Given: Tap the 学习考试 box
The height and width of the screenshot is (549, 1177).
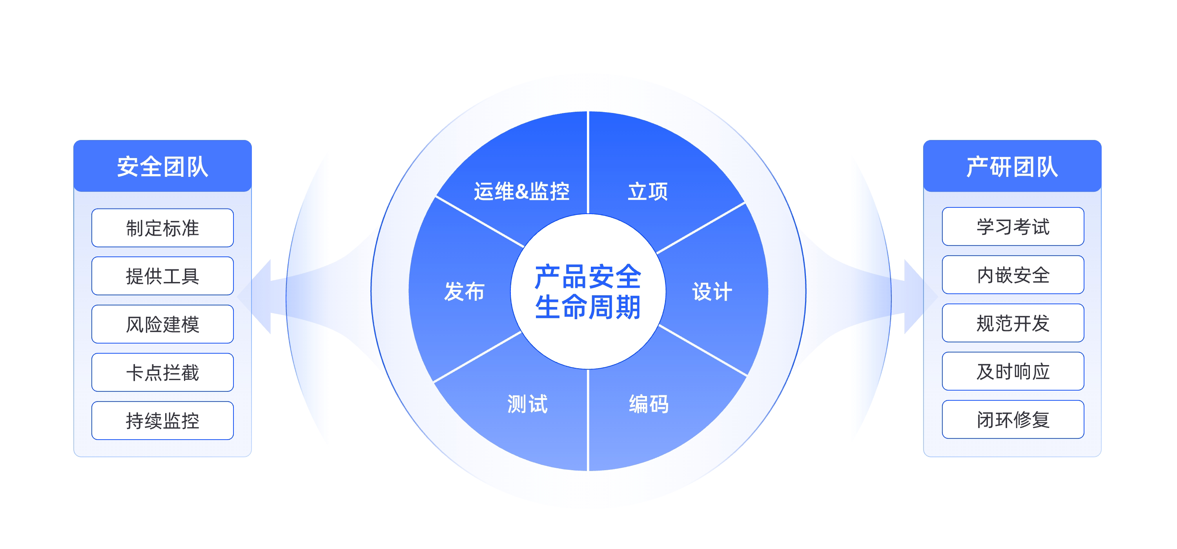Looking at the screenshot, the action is [x=1013, y=227].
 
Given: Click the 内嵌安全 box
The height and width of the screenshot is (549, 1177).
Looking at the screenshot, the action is [x=1013, y=275].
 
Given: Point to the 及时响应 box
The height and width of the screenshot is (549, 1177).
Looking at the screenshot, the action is [x=1013, y=371].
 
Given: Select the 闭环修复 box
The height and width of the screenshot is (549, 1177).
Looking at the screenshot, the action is [x=1013, y=420].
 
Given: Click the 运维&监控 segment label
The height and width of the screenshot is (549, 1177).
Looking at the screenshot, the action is [x=521, y=191].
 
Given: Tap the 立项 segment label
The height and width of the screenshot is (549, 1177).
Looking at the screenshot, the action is [x=647, y=191].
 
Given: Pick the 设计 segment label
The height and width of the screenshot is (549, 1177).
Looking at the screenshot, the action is [x=712, y=291].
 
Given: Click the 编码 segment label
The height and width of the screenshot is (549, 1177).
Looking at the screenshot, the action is [x=649, y=404].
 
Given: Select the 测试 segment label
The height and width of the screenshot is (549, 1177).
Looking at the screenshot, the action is [x=527, y=404].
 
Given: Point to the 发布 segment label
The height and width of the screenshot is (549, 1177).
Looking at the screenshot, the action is [x=464, y=291].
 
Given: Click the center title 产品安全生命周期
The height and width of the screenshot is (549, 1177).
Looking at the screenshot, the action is [x=588, y=291].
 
